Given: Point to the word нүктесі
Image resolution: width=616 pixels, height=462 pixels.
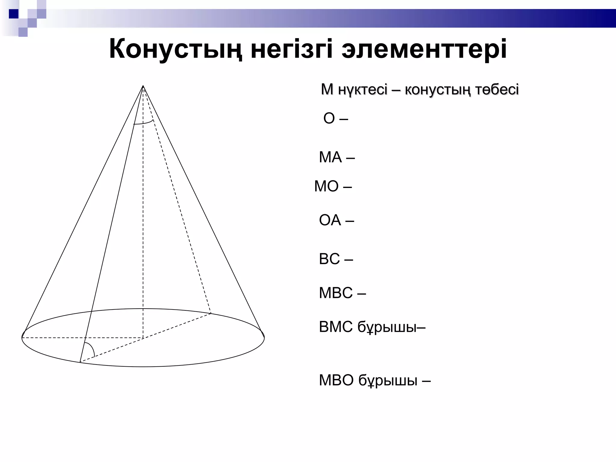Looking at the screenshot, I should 363,90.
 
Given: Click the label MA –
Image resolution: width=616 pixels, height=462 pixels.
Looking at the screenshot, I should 337,157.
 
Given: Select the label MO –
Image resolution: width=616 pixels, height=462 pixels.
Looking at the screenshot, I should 333,186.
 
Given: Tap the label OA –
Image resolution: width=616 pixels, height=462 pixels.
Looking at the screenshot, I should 336,220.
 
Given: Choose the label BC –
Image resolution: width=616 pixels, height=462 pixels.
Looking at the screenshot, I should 336,259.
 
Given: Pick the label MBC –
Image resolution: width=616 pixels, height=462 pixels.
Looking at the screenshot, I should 342,293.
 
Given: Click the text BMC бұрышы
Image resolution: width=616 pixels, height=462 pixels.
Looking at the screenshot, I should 372,327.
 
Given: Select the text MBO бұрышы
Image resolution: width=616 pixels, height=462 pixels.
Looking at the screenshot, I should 374,380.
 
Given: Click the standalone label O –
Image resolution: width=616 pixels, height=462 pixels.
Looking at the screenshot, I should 335,119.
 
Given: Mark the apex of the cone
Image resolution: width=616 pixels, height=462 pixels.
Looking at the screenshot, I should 143,86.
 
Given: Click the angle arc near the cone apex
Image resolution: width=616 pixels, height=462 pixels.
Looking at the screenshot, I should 144,123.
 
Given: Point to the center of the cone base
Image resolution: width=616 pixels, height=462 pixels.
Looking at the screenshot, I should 143,338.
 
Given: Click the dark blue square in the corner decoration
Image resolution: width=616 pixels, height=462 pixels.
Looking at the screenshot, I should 14,14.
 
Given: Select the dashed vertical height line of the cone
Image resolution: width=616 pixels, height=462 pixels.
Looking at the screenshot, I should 143,211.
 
